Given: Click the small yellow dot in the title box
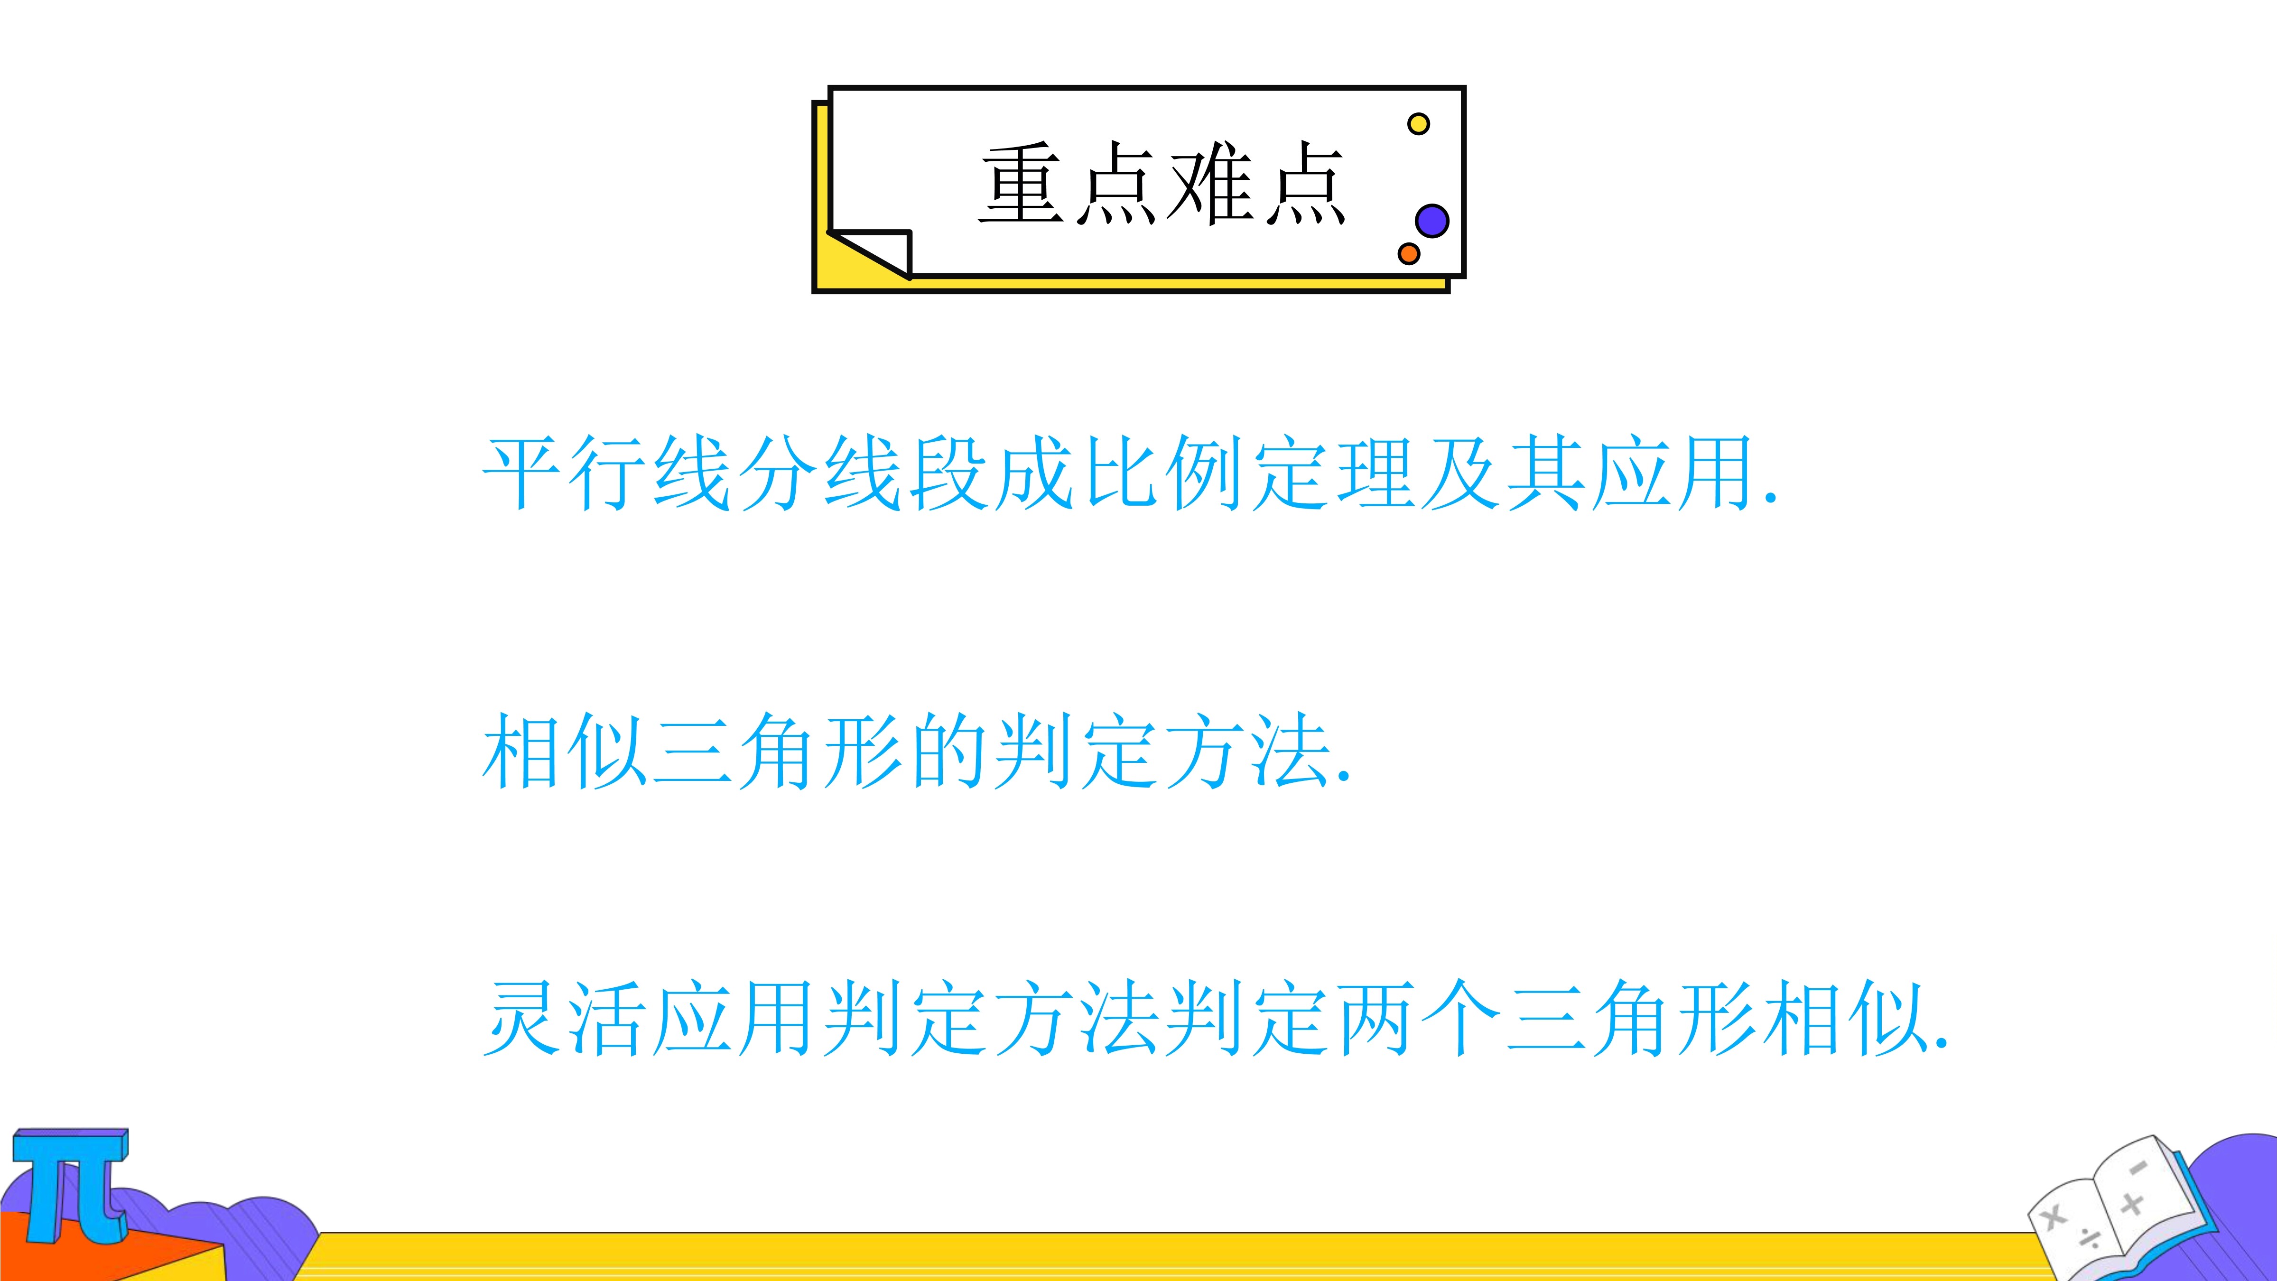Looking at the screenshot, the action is coord(1419,124).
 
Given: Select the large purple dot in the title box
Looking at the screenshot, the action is coord(1432,220).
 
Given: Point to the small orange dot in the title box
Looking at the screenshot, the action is coord(1409,254).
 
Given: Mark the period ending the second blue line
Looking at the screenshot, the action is coord(1345,779).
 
